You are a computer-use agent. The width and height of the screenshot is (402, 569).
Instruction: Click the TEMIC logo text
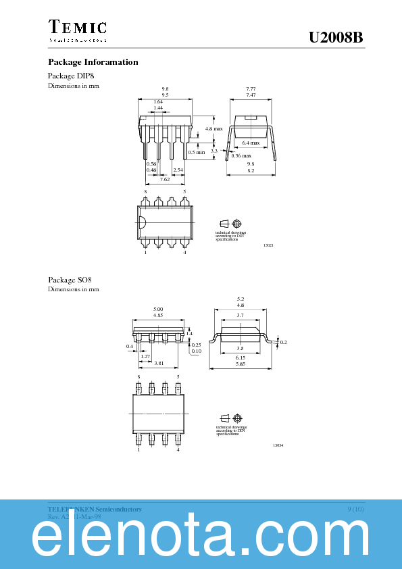(x=77, y=28)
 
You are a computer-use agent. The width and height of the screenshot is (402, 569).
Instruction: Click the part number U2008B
(x=336, y=39)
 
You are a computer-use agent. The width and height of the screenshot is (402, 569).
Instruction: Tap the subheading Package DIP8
(x=72, y=76)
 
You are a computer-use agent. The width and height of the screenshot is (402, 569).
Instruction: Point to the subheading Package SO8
(x=70, y=280)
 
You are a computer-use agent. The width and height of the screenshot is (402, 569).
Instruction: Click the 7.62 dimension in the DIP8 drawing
(x=165, y=179)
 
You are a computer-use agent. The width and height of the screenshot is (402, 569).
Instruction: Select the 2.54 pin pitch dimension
(x=178, y=170)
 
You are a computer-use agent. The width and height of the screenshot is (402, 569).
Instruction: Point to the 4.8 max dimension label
(x=213, y=128)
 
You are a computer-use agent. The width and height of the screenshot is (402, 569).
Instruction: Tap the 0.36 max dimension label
(x=241, y=156)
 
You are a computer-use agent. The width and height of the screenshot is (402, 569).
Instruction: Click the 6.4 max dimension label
(x=251, y=143)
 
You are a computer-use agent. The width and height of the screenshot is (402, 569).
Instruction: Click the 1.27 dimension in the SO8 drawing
(x=145, y=356)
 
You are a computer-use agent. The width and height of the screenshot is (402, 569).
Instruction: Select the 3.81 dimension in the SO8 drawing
(x=159, y=364)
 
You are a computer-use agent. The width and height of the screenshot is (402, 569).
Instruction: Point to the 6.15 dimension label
(x=241, y=357)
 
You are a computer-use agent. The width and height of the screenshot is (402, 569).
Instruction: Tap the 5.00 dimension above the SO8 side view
(x=159, y=309)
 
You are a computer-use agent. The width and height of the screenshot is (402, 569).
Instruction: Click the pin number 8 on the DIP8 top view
(x=145, y=192)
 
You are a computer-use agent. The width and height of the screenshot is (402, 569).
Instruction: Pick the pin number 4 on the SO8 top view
(x=178, y=449)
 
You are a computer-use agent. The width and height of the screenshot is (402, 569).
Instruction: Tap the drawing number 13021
(x=268, y=245)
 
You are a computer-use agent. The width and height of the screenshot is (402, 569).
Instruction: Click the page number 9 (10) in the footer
(x=355, y=508)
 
